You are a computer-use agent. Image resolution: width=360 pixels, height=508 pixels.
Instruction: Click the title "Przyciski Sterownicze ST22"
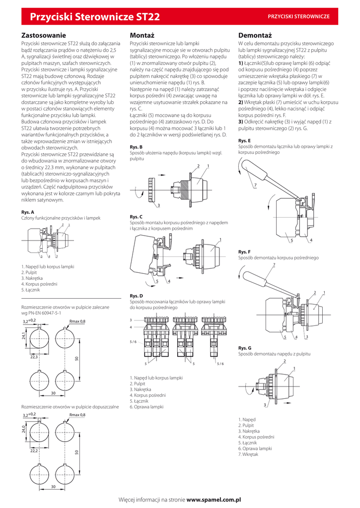click(x=95, y=17)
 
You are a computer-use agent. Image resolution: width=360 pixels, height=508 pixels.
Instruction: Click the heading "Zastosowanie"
click(x=43, y=36)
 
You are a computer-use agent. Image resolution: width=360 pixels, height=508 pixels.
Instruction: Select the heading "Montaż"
click(x=142, y=36)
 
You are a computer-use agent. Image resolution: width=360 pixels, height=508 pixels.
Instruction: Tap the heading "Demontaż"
click(x=255, y=36)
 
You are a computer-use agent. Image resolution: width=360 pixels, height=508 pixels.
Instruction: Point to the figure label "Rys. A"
click(x=28, y=212)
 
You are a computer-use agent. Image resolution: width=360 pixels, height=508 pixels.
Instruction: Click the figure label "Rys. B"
click(x=136, y=147)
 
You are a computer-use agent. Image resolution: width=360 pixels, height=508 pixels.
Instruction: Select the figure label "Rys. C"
click(x=136, y=217)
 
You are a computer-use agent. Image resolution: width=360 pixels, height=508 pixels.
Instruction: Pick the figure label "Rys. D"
click(x=136, y=296)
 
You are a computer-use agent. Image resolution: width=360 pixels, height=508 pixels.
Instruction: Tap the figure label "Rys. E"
click(x=244, y=141)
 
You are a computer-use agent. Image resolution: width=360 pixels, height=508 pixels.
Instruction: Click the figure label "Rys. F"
click(x=244, y=252)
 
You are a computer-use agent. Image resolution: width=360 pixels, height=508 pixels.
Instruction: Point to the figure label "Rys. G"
click(x=245, y=348)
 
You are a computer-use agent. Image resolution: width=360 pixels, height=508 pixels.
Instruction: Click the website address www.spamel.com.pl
click(x=214, y=500)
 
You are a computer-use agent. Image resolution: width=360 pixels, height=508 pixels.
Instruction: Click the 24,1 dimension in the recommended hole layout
click(x=24, y=336)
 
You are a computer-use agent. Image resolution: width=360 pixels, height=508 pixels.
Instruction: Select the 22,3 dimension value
click(x=34, y=357)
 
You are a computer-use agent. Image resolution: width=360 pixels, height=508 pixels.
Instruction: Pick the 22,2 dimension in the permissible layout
click(x=34, y=451)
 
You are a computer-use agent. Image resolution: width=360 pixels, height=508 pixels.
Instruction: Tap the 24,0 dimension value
click(x=24, y=429)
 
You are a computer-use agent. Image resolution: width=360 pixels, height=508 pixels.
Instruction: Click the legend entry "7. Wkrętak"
click(x=248, y=454)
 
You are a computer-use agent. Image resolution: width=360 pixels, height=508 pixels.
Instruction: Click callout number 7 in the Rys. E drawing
click(x=255, y=185)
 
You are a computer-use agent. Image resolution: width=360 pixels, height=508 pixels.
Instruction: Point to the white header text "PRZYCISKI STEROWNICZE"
click(x=298, y=17)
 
